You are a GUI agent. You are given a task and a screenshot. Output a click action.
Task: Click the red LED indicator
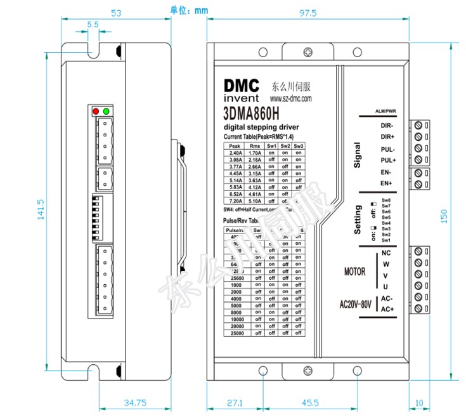tap(96, 112)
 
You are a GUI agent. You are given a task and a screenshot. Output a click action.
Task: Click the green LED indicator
tap(106, 112)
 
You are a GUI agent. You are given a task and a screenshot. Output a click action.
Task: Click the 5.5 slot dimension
tap(93, 25)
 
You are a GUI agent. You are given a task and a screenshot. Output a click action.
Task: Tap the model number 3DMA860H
tap(252, 115)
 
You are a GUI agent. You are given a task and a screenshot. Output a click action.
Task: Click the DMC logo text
tap(242, 85)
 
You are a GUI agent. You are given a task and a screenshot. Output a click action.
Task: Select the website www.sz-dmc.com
tap(292, 100)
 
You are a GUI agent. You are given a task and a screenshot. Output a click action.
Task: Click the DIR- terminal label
tap(387, 125)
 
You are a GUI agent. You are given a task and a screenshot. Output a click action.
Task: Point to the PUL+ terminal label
tap(387, 161)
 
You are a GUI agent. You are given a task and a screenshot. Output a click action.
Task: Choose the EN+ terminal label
tap(387, 183)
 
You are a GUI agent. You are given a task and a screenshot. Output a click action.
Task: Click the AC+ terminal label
tap(387, 308)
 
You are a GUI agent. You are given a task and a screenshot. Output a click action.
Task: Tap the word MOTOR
tap(355, 272)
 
